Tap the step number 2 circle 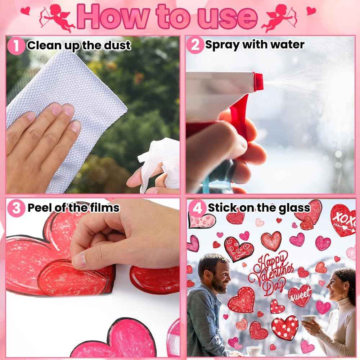pyautogui.click(x=195, y=45)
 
